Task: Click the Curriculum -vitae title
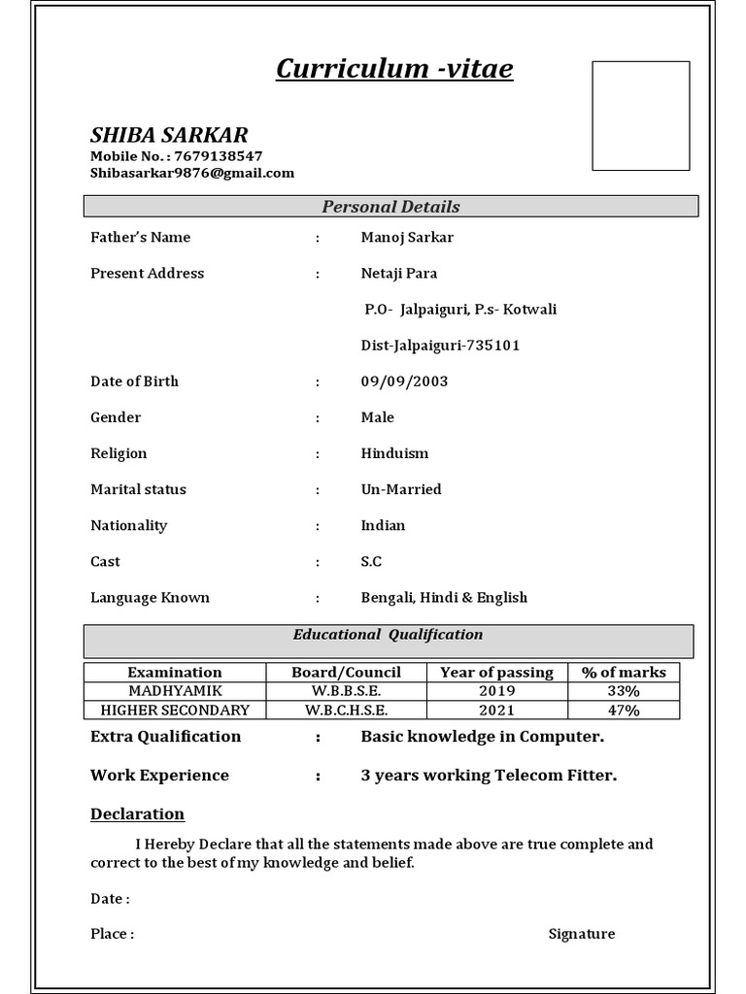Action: pyautogui.click(x=394, y=69)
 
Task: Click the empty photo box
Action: pyautogui.click(x=641, y=116)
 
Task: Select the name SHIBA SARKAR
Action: pyautogui.click(x=169, y=134)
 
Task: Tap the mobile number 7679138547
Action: pyautogui.click(x=219, y=155)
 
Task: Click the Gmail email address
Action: pyautogui.click(x=192, y=173)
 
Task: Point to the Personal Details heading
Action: pyautogui.click(x=390, y=207)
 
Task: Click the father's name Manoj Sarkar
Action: pyautogui.click(x=407, y=237)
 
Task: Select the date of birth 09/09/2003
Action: pyautogui.click(x=404, y=381)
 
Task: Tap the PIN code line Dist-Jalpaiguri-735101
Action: pyautogui.click(x=440, y=346)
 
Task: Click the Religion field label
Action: pyautogui.click(x=119, y=453)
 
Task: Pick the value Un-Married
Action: pyautogui.click(x=401, y=489)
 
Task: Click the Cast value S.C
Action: pyautogui.click(x=371, y=561)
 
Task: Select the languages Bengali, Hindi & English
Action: pyautogui.click(x=444, y=597)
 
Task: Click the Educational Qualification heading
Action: pyautogui.click(x=389, y=635)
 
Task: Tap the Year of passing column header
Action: pyautogui.click(x=496, y=672)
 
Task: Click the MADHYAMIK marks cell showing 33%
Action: pyautogui.click(x=624, y=691)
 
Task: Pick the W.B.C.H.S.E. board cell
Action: pyautogui.click(x=347, y=710)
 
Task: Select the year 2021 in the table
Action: pyautogui.click(x=496, y=710)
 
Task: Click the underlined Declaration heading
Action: pyautogui.click(x=137, y=813)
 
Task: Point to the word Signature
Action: pyautogui.click(x=581, y=934)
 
